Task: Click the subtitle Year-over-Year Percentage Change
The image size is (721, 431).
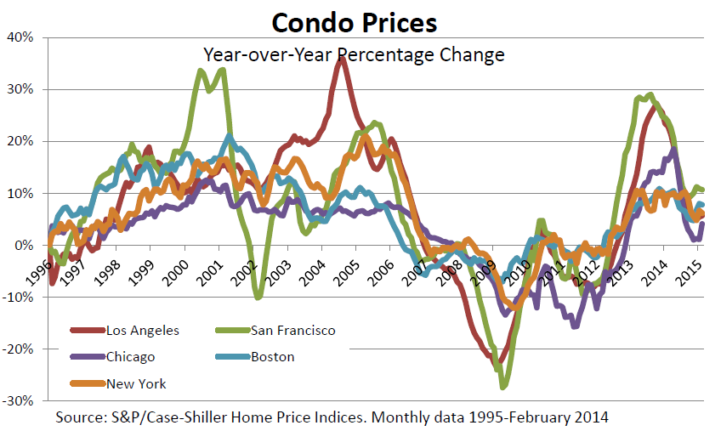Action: [x=354, y=55]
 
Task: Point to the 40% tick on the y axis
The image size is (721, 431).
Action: [x=20, y=37]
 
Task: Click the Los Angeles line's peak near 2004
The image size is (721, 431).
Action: [x=341, y=60]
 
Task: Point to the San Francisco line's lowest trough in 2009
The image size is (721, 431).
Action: [x=503, y=387]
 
